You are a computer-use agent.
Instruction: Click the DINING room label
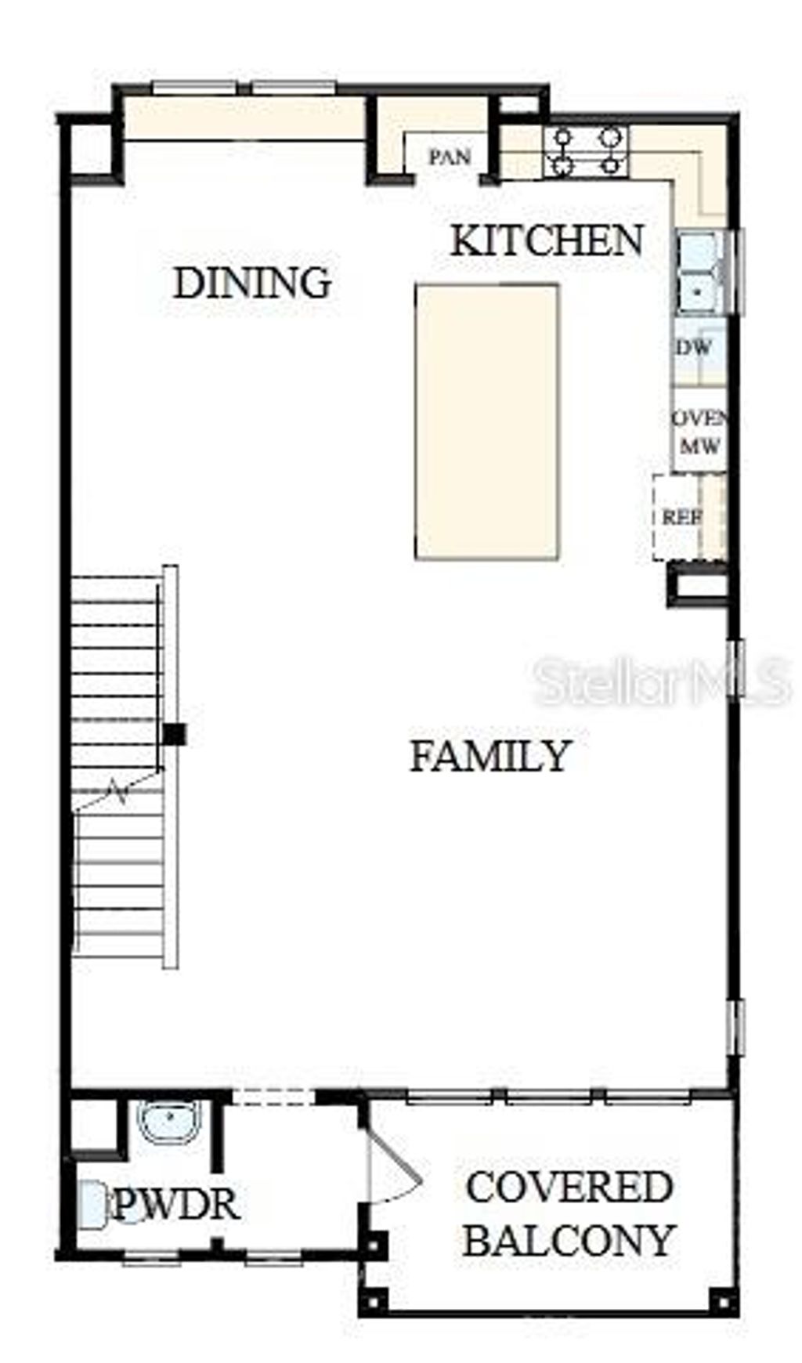[x=251, y=283]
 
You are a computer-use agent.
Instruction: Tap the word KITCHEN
[x=547, y=240]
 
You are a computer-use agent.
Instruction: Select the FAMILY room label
[x=490, y=757]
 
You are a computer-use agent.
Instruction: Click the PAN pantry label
[x=450, y=157]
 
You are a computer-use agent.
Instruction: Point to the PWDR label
[x=176, y=1204]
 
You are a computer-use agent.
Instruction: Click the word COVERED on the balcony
[x=569, y=1187]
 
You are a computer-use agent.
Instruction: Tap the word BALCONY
[x=569, y=1240]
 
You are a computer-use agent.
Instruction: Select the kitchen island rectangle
[x=486, y=421]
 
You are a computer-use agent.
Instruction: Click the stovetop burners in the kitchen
[x=587, y=150]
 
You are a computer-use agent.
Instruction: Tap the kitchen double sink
[x=699, y=272]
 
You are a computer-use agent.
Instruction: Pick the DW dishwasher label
[x=694, y=347]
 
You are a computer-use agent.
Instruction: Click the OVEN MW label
[x=699, y=432]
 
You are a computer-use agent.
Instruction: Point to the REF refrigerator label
[x=681, y=518]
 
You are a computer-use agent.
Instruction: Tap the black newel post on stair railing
[x=174, y=734]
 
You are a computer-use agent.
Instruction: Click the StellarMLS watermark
[x=662, y=682]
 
